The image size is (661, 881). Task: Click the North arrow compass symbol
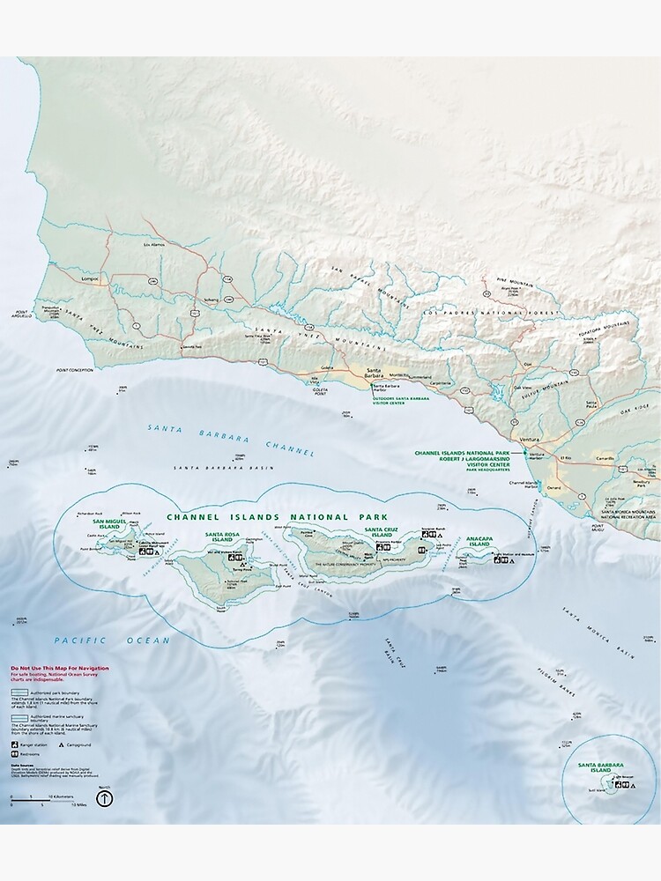[x=104, y=798]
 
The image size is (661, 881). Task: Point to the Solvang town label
[x=212, y=300]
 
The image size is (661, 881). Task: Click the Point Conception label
[x=73, y=371]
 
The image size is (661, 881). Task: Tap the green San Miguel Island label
[x=116, y=525]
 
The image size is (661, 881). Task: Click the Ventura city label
[x=529, y=438]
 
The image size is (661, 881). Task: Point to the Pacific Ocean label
[x=111, y=640]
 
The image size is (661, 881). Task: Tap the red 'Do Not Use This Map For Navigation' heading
[x=60, y=668]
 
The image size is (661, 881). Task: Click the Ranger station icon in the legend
[x=15, y=744]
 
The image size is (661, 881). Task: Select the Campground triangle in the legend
[x=61, y=744]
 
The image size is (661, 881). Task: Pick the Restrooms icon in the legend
[x=15, y=756]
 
